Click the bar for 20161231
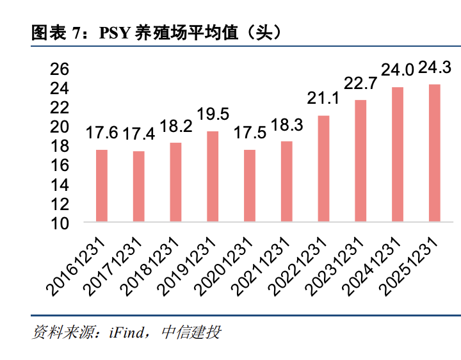click(102, 186)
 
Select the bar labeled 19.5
click(213, 176)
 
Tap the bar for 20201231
click(250, 186)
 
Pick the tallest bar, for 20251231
click(434, 153)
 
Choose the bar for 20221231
click(323, 168)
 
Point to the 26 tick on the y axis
click(59, 69)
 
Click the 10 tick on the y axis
click(59, 223)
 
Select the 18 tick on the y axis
click(59, 146)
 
